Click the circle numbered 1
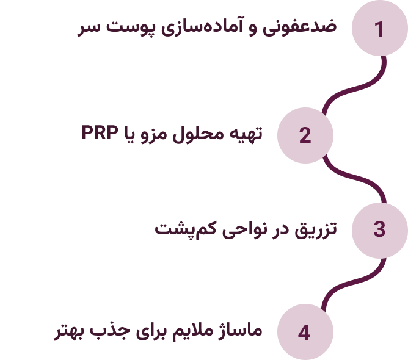click(x=380, y=29)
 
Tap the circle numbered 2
click(x=305, y=135)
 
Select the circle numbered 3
click(x=380, y=229)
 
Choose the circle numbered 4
click(x=305, y=333)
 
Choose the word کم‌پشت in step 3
click(x=183, y=230)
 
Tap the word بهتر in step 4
click(x=71, y=332)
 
